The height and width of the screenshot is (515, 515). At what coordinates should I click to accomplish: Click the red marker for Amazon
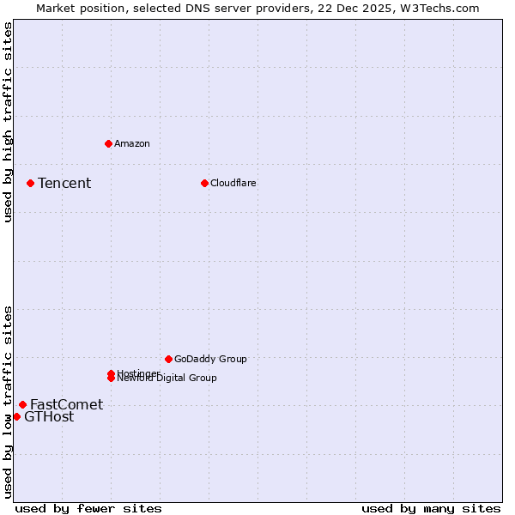(108, 143)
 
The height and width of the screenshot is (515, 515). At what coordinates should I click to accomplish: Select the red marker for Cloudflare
(204, 183)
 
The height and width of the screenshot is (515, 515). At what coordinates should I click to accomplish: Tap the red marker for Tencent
(30, 183)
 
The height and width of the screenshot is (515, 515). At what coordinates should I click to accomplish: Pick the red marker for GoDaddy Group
(168, 359)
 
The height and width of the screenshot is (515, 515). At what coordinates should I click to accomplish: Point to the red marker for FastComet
(22, 404)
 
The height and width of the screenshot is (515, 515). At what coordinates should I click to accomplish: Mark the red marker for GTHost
(16, 416)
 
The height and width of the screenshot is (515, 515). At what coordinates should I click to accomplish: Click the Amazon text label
(132, 143)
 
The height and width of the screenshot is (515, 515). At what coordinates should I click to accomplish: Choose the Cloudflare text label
(233, 183)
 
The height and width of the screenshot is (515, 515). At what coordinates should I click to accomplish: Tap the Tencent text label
(64, 183)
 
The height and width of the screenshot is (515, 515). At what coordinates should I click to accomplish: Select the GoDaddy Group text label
(210, 359)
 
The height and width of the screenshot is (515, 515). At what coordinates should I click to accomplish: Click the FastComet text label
(66, 404)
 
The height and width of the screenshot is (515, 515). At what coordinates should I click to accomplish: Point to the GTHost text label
(49, 417)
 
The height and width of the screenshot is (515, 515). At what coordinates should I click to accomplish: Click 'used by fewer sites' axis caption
(88, 508)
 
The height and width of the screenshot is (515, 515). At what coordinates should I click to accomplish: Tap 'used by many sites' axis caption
(431, 508)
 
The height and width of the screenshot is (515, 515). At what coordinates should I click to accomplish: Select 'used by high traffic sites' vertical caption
(8, 122)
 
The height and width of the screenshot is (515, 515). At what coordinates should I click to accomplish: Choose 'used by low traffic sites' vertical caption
(8, 402)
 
